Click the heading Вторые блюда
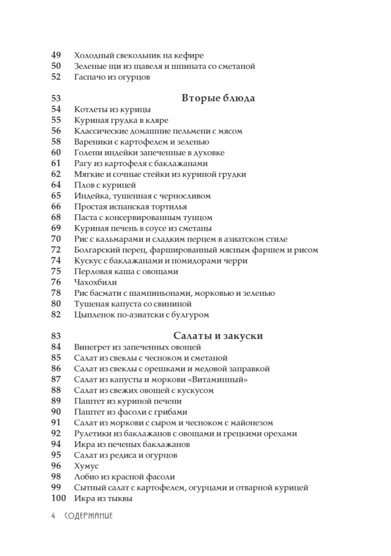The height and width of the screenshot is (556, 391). (x=218, y=98)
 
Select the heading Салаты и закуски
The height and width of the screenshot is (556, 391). (x=218, y=336)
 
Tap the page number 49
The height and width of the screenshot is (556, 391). (x=56, y=55)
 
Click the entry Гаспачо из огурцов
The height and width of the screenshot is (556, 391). (x=111, y=77)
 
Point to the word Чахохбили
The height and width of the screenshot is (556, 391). (x=95, y=282)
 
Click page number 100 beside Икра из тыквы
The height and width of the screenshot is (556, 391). (x=58, y=498)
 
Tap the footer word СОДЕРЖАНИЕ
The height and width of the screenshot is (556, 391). (x=89, y=516)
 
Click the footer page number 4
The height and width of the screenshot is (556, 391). (x=53, y=516)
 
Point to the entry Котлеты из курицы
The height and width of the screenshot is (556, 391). (x=112, y=109)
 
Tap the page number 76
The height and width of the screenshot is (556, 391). (x=56, y=282)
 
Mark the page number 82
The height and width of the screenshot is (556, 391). (x=56, y=314)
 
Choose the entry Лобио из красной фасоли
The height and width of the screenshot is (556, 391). (x=124, y=476)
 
